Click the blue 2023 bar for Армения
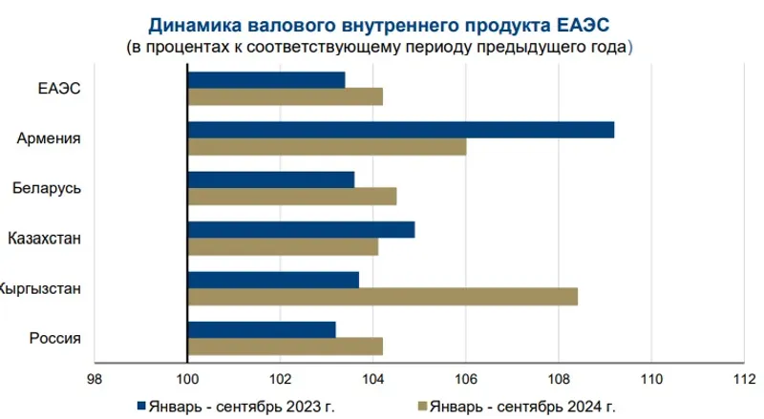click(401, 130)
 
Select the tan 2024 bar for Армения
click(327, 147)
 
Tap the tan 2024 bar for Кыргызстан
click(382, 297)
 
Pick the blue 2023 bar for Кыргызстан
click(273, 279)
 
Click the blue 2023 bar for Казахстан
click(301, 229)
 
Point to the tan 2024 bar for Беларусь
click(291, 197)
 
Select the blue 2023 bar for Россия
click(262, 329)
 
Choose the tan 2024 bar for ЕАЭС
click(285, 96)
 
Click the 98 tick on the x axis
click(94, 378)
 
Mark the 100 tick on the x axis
click(187, 378)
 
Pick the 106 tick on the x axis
click(465, 378)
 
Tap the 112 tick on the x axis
click(743, 378)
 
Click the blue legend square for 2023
click(142, 406)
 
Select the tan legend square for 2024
click(420, 406)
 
